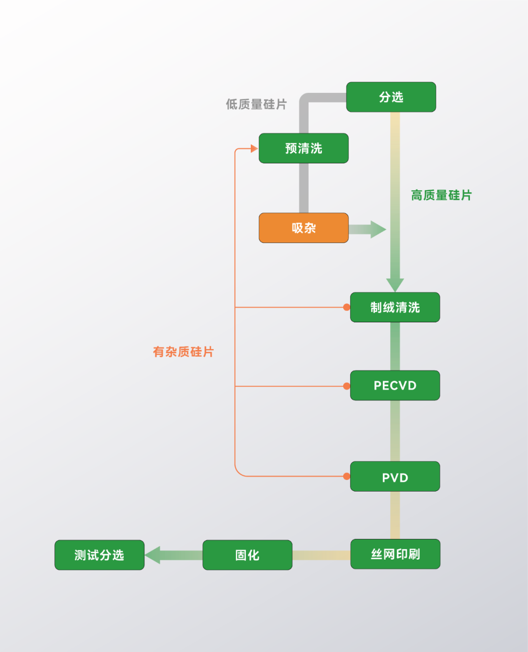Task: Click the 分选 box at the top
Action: click(x=391, y=97)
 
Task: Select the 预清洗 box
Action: click(x=303, y=148)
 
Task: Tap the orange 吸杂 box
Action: click(x=303, y=228)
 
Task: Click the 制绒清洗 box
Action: click(x=395, y=307)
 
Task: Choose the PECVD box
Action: click(x=395, y=385)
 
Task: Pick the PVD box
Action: click(x=395, y=477)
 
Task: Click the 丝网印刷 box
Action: click(x=395, y=554)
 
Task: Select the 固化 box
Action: click(x=247, y=555)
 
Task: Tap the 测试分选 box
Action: click(x=99, y=555)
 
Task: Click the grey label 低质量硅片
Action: click(x=256, y=104)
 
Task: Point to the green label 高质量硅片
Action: click(x=441, y=195)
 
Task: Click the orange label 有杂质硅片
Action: click(x=183, y=352)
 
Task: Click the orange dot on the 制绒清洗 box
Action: click(x=347, y=307)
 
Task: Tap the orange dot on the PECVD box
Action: click(x=347, y=386)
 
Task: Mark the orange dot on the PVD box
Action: click(x=347, y=476)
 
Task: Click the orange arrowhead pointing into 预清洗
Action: click(x=254, y=148)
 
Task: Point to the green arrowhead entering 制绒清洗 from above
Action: click(x=395, y=285)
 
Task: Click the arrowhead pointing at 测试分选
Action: click(x=153, y=555)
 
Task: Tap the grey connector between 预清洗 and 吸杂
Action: click(x=304, y=188)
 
